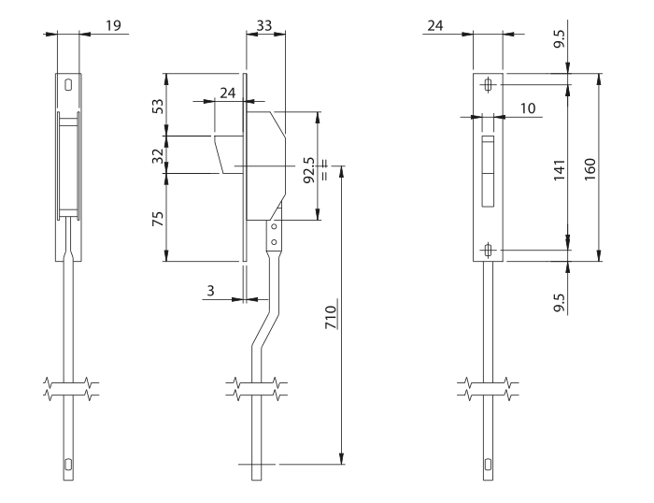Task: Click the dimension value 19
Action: pyautogui.click(x=113, y=25)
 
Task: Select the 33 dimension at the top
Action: pyautogui.click(x=264, y=26)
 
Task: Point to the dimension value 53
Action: pyautogui.click(x=158, y=106)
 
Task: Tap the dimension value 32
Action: pyautogui.click(x=158, y=156)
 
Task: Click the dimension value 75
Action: pyautogui.click(x=158, y=219)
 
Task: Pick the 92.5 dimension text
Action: pyautogui.click(x=309, y=170)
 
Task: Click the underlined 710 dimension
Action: pyautogui.click(x=331, y=317)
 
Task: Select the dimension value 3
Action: pyautogui.click(x=210, y=291)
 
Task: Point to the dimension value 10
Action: pyautogui.click(x=528, y=108)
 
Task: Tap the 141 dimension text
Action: pyautogui.click(x=560, y=169)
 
